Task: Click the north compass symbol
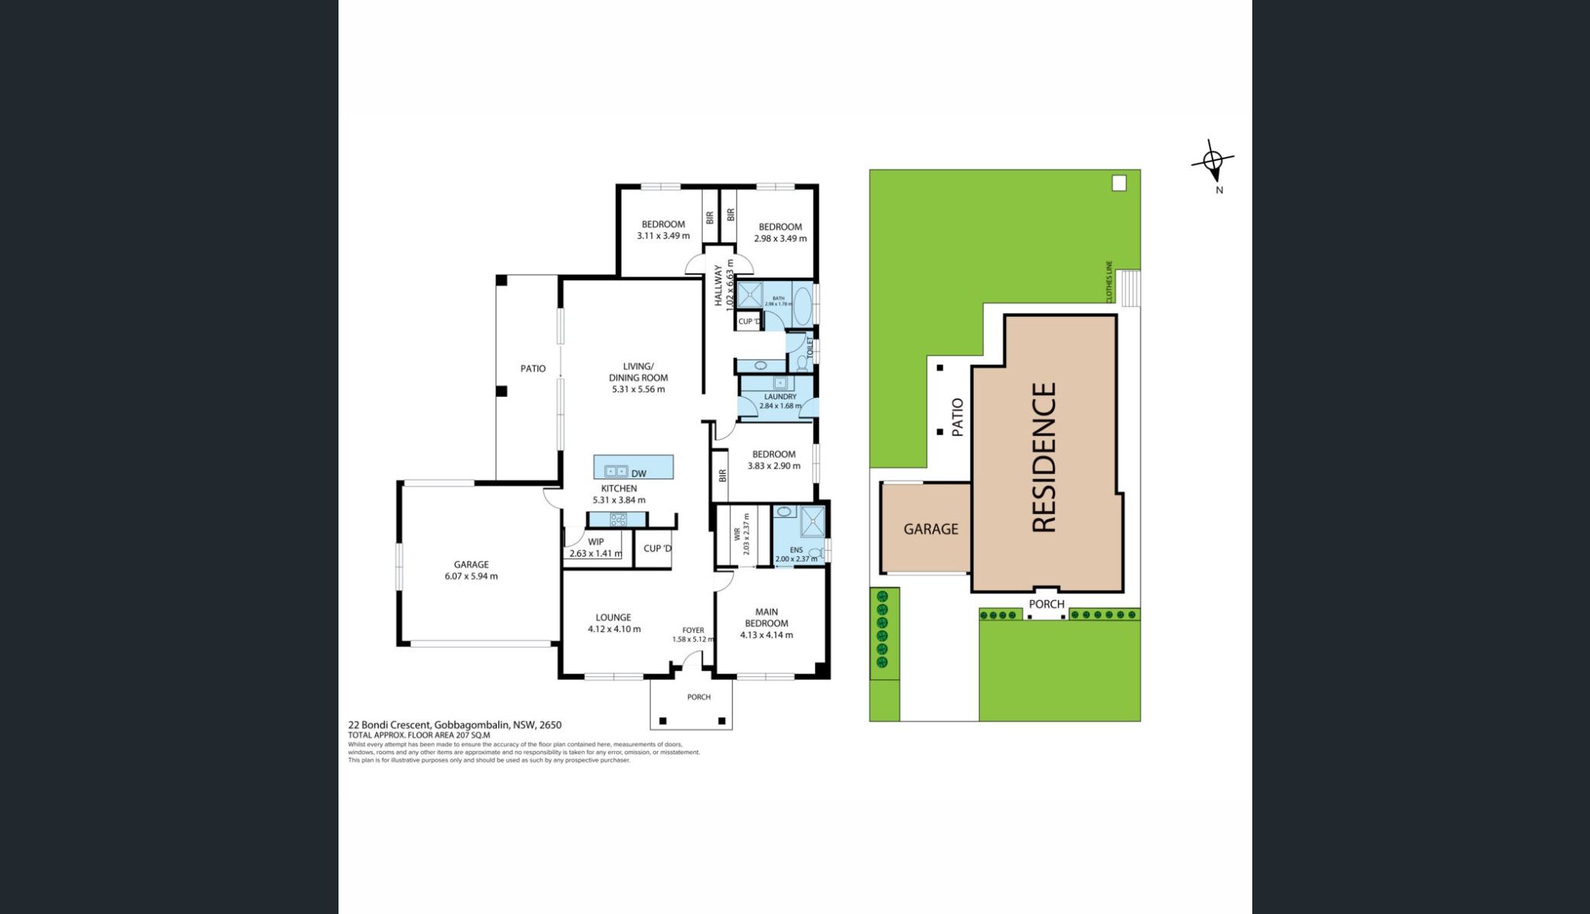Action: [1213, 162]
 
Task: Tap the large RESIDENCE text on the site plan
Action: [1044, 457]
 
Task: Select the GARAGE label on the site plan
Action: [930, 529]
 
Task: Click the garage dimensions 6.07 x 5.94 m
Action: [471, 576]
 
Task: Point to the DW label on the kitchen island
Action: [638, 474]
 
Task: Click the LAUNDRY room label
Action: [779, 396]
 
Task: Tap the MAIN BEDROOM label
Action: [766, 617]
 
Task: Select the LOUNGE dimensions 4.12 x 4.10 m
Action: [613, 629]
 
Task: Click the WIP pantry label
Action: [595, 542]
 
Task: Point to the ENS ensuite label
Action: [796, 549]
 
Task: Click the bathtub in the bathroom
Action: [802, 304]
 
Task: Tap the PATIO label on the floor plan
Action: [533, 369]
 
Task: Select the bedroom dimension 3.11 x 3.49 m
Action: [663, 236]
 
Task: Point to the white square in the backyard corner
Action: [1119, 183]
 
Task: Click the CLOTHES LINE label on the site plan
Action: [1109, 282]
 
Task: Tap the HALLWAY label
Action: [719, 286]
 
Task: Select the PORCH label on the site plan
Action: [1046, 604]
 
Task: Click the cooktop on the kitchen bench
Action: [618, 520]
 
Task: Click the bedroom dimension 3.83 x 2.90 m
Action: [773, 466]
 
